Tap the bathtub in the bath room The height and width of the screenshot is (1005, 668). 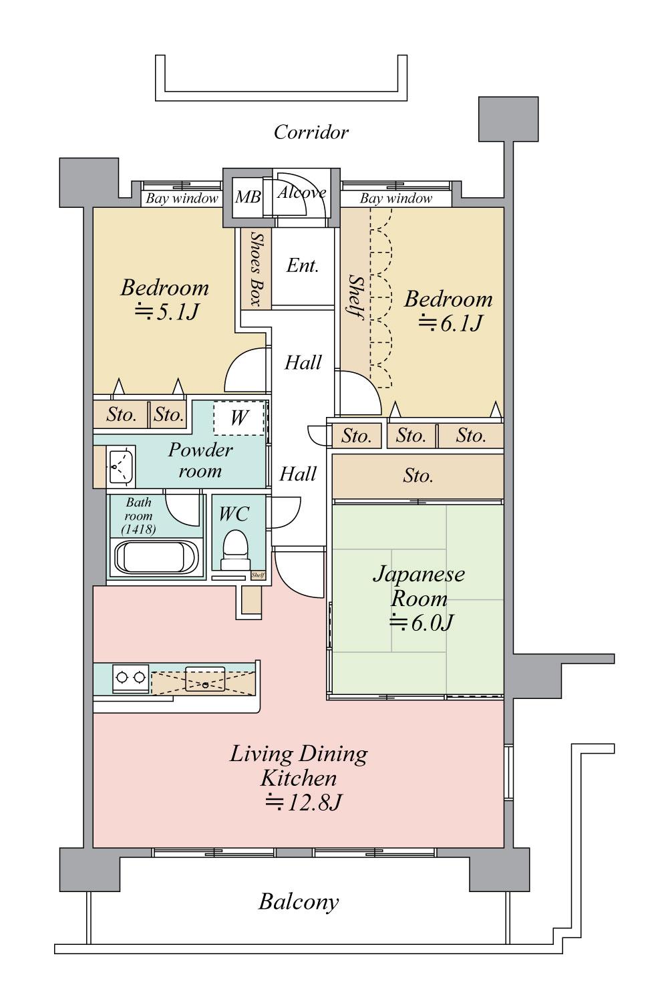coord(156,557)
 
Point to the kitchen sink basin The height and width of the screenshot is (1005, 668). coord(206,678)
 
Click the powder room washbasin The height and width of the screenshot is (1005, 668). coord(121,466)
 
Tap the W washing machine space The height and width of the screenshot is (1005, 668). coord(238,418)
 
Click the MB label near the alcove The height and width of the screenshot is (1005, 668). coord(248,197)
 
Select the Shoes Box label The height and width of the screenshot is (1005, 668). coord(256,268)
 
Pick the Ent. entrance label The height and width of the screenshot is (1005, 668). coord(303,266)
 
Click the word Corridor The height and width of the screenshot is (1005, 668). coord(311,132)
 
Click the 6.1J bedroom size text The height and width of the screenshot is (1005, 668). coord(450,323)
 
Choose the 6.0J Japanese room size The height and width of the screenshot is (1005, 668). coord(422,623)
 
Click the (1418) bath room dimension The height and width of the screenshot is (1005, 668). coord(139,529)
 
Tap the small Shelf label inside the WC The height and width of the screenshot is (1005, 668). coord(258,575)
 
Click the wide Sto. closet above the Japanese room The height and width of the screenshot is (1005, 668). coord(417,476)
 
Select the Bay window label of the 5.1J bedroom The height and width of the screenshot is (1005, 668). coord(182,198)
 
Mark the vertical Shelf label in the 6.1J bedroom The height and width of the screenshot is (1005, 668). coord(355,297)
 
